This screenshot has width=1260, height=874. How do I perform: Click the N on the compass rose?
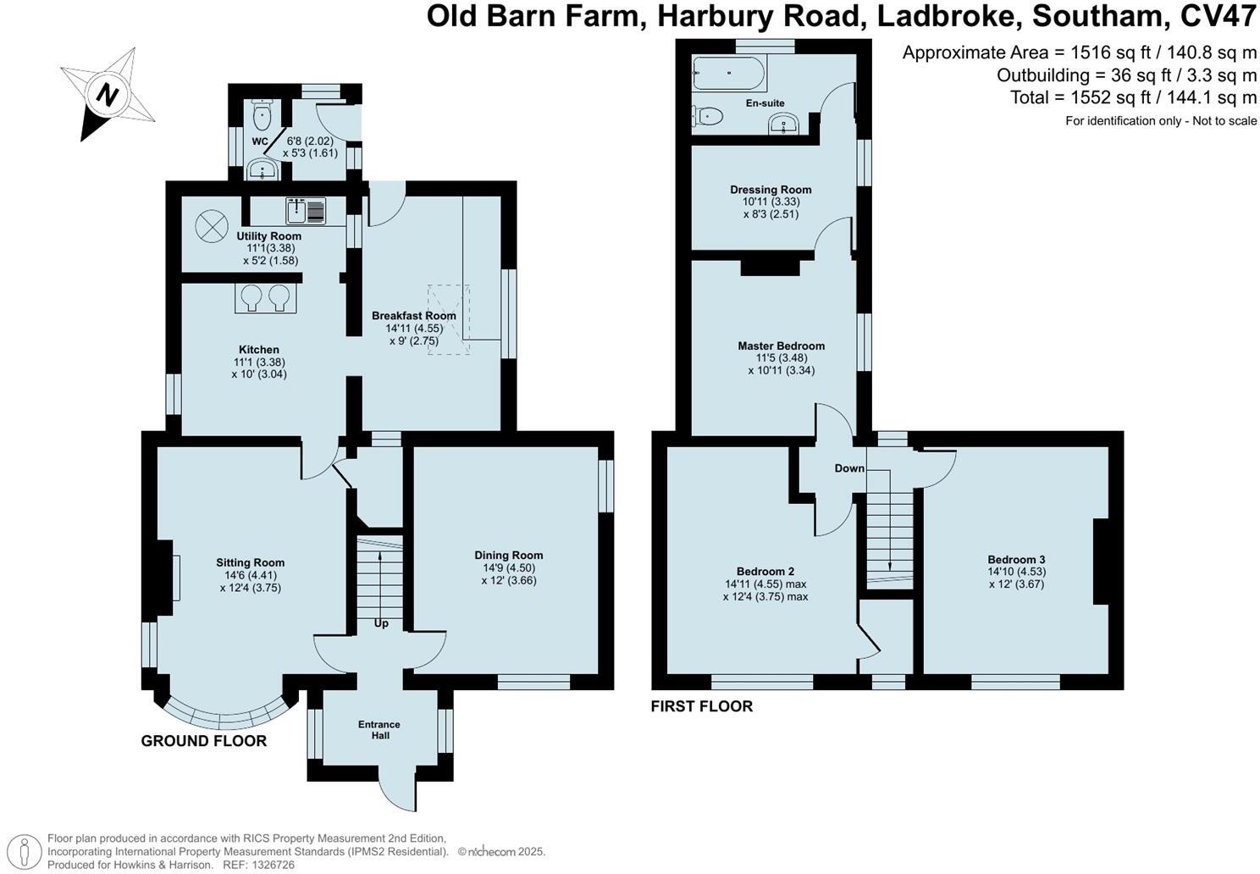point(106,94)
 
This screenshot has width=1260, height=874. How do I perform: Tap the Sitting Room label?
point(250,562)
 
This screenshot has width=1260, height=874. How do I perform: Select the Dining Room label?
point(508,556)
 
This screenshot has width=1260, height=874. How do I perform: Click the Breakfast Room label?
point(414,316)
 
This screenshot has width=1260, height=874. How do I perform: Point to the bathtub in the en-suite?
point(729,74)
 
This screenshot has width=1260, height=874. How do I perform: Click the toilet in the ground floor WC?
point(263,113)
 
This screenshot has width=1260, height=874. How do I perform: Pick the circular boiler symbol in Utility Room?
point(212,226)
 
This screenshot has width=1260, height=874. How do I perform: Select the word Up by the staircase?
point(381,623)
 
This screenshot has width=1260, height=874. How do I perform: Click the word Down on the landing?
point(849,468)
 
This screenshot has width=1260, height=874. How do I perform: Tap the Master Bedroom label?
point(781,346)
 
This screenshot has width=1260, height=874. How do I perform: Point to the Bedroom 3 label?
point(1016,560)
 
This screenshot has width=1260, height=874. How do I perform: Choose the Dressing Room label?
point(771,190)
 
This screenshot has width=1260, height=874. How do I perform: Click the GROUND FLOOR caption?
point(203,741)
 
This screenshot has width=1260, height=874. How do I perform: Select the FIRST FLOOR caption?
point(701,706)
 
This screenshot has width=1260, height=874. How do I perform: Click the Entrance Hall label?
point(379,730)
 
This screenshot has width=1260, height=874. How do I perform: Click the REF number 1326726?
point(270,865)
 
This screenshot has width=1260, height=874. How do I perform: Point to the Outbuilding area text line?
point(1126,75)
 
